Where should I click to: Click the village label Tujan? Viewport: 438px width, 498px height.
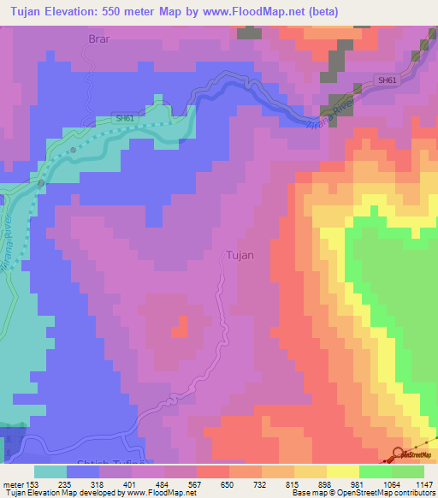pyautogui.click(x=240, y=254)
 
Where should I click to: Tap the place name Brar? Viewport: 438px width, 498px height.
pyautogui.click(x=100, y=39)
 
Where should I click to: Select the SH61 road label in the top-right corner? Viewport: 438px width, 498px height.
pyautogui.click(x=387, y=80)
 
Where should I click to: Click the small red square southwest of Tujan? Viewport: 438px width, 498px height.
pyautogui.click(x=180, y=327)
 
